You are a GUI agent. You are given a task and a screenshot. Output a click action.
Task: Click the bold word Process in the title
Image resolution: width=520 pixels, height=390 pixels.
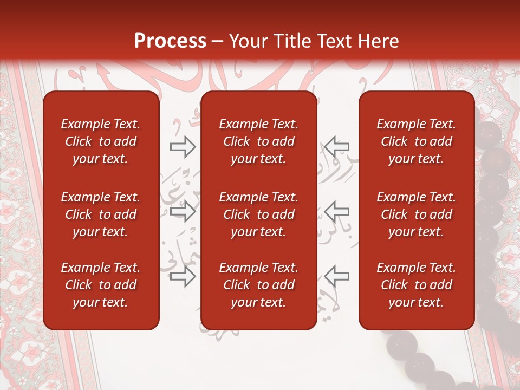pyautogui.click(x=170, y=41)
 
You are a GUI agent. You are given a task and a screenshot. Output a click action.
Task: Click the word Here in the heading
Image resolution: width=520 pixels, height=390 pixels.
pyautogui.click(x=379, y=41)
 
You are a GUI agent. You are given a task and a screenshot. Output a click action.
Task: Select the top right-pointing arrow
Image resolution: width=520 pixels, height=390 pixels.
pyautogui.click(x=183, y=147)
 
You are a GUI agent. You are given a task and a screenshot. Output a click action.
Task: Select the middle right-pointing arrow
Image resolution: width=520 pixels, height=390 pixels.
pyautogui.click(x=183, y=211)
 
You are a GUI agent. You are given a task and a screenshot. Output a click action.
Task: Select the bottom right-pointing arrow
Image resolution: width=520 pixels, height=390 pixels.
pyautogui.click(x=183, y=277)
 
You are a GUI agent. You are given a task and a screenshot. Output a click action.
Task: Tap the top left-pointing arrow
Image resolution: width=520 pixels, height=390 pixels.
pyautogui.click(x=337, y=147)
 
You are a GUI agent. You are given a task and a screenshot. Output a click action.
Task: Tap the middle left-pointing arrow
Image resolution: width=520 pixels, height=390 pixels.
pyautogui.click(x=337, y=211)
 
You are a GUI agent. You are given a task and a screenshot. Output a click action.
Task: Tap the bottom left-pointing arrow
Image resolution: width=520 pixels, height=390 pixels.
pyautogui.click(x=337, y=277)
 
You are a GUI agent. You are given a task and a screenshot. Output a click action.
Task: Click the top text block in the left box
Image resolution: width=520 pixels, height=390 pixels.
pyautogui.click(x=101, y=141)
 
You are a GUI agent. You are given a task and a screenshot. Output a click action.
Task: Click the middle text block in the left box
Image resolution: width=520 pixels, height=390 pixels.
pyautogui.click(x=101, y=214)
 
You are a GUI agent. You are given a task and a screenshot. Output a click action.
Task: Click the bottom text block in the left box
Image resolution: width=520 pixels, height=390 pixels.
pyautogui.click(x=101, y=285)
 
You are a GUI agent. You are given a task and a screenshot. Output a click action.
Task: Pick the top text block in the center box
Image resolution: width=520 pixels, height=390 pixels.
pyautogui.click(x=259, y=141)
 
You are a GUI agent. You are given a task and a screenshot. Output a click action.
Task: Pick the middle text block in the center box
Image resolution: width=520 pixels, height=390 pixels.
pyautogui.click(x=259, y=214)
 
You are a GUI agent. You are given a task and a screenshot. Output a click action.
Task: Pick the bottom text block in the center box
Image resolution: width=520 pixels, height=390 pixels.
pyautogui.click(x=259, y=285)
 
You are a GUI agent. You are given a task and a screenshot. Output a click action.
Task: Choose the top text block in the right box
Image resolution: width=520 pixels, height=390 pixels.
pyautogui.click(x=417, y=141)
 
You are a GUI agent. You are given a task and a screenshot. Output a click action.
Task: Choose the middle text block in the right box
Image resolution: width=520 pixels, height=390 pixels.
pyautogui.click(x=417, y=214)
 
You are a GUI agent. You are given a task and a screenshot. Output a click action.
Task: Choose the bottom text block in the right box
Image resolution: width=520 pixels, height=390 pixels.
pyautogui.click(x=417, y=285)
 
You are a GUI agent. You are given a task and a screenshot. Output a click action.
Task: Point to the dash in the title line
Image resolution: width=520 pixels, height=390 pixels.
pyautogui.click(x=218, y=41)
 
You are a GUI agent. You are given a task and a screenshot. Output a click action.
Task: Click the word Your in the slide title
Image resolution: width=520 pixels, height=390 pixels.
pyautogui.click(x=246, y=41)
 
